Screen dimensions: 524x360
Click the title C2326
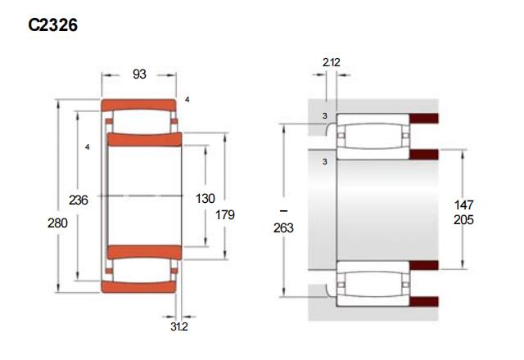click(52, 25)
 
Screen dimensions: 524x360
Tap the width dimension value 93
click(139, 74)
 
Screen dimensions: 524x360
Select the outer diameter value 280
click(57, 223)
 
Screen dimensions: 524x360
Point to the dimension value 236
click(79, 200)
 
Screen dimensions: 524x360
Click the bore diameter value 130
click(205, 199)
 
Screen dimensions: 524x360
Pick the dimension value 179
click(225, 214)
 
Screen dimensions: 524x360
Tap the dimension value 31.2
click(179, 326)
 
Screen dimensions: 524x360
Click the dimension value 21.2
click(331, 62)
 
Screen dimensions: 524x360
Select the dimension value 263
click(283, 227)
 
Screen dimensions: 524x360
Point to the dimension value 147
click(463, 205)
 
